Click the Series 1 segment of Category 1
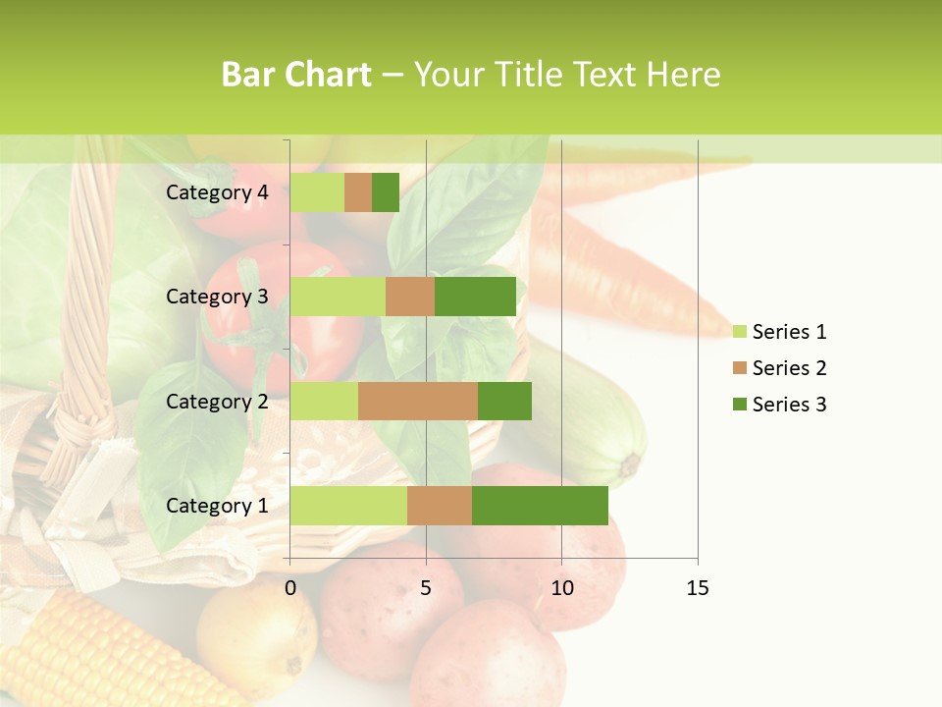click(348, 506)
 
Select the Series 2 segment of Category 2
click(418, 401)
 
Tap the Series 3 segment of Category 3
click(475, 297)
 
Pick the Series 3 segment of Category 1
click(540, 506)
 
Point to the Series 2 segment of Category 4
click(358, 192)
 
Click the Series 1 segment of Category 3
click(338, 297)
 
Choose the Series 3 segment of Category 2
click(504, 401)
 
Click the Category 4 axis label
click(217, 192)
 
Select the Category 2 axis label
click(217, 401)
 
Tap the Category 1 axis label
click(217, 506)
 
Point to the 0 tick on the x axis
click(290, 588)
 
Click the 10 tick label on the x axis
click(561, 588)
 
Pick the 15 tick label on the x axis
click(697, 588)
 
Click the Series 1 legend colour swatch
click(740, 332)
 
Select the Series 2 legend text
click(789, 368)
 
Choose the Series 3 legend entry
click(781, 405)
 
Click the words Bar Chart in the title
click(296, 75)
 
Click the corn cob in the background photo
click(88, 653)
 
